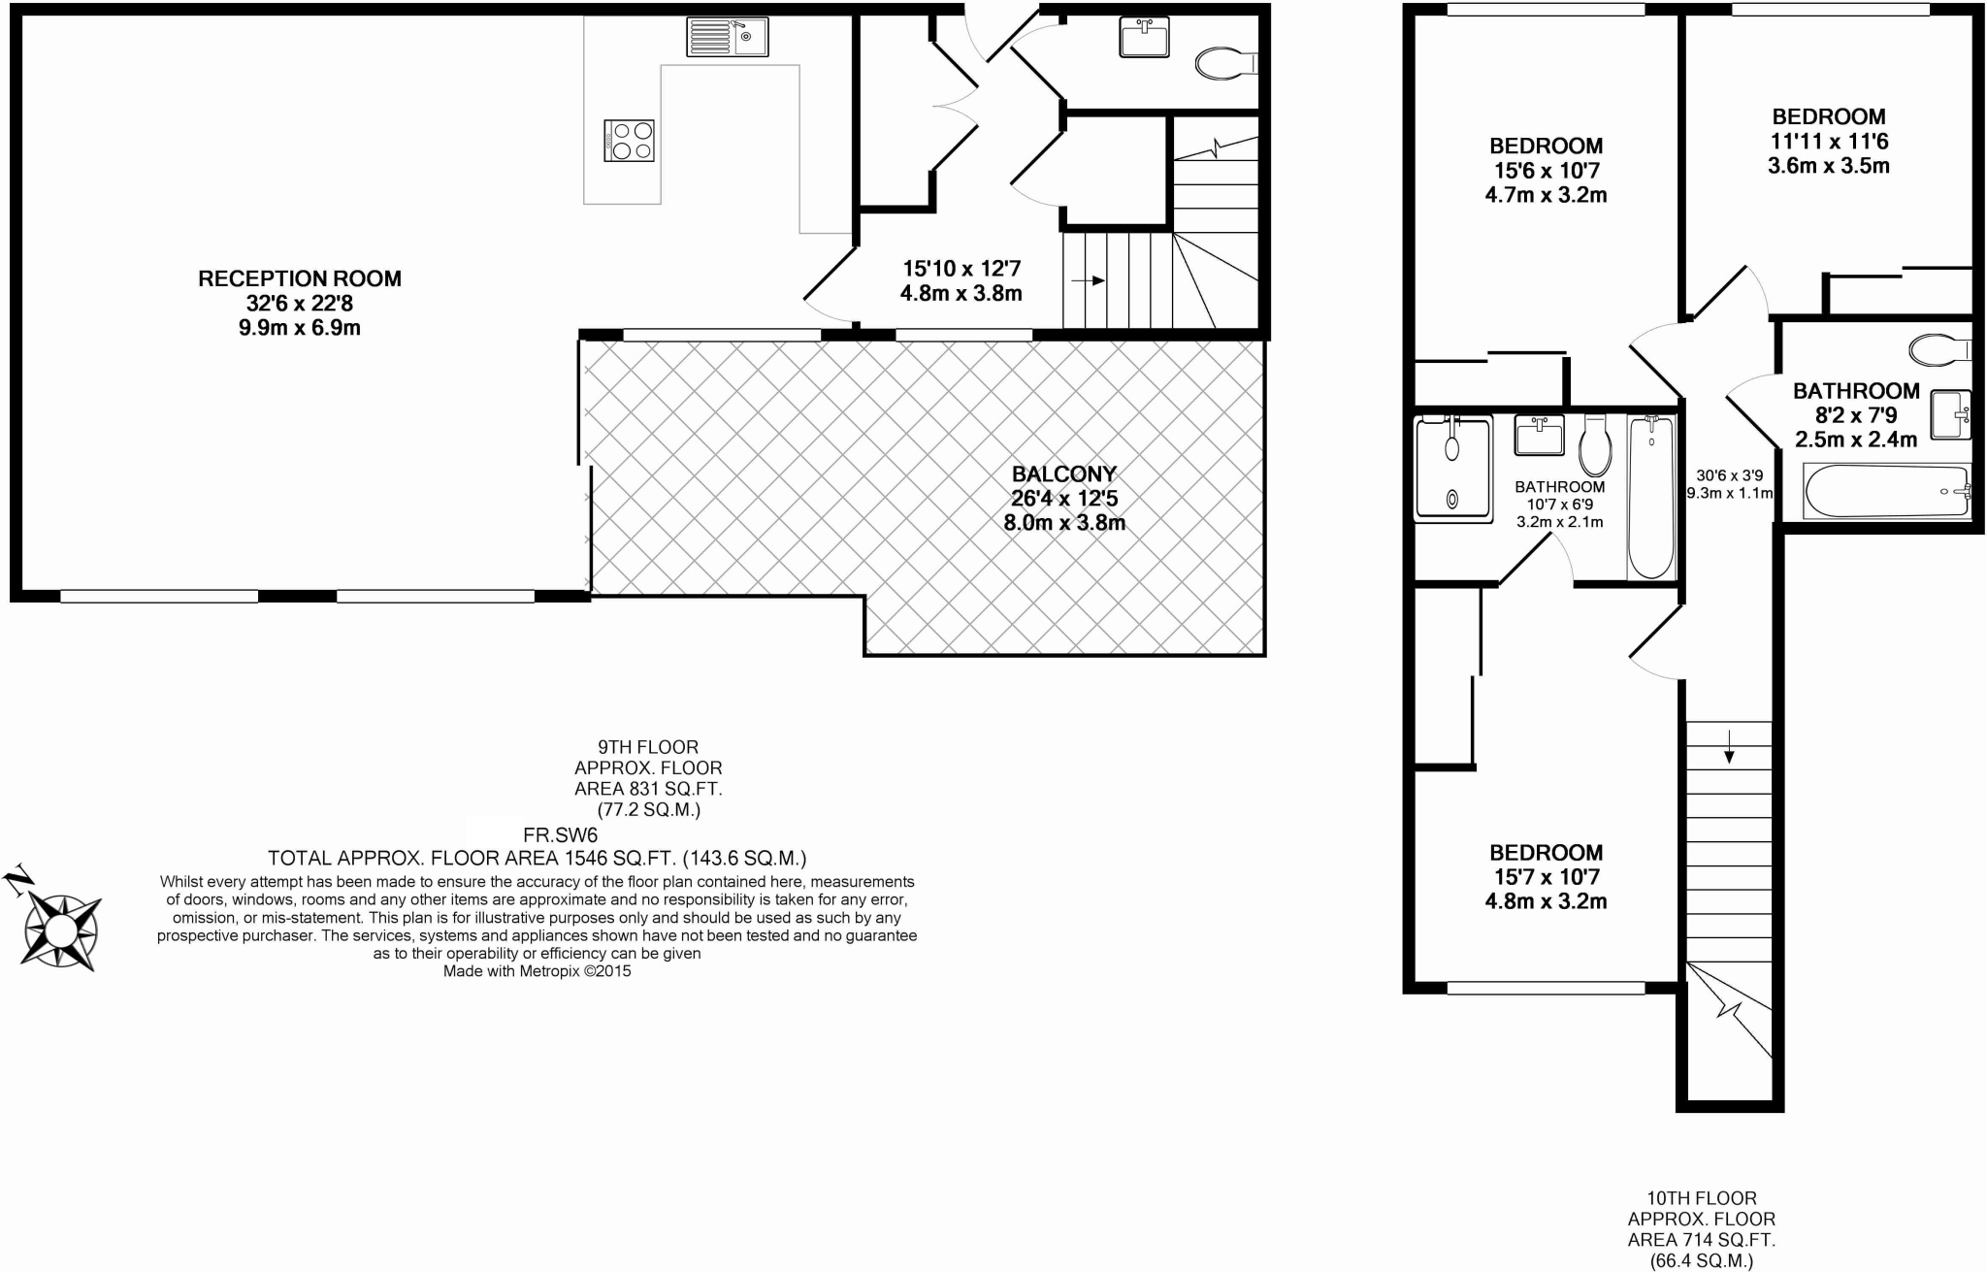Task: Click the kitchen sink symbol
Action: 728,37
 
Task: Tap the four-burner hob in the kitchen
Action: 629,141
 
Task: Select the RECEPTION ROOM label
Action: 300,279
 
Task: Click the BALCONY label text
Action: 1064,474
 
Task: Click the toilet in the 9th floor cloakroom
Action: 1224,64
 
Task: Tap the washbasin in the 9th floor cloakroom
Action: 1145,40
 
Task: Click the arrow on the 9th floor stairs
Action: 1088,280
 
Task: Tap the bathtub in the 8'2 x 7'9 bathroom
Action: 1886,491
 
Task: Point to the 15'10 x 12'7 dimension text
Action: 961,269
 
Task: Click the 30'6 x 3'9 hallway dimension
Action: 1729,475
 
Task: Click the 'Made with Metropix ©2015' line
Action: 537,970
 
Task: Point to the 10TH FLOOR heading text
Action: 1701,1198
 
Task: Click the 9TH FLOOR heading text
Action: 648,747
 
